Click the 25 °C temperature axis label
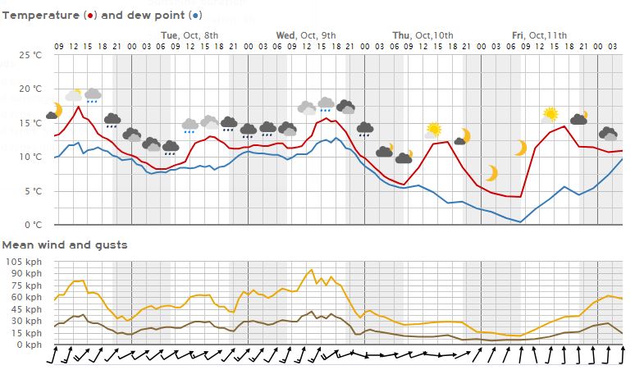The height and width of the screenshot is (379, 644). (31, 55)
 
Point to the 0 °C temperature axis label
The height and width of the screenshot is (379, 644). (34, 225)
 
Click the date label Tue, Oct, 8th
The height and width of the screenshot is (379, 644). (190, 34)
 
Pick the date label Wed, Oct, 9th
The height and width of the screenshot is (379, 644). (306, 34)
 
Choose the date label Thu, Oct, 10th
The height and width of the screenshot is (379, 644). (422, 34)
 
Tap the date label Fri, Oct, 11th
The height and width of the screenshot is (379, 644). (539, 34)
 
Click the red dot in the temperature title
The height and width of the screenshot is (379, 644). (89, 16)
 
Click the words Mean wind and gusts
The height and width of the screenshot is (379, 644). (65, 244)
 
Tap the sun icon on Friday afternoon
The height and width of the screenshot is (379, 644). (550, 114)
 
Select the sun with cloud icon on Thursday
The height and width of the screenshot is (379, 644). (433, 130)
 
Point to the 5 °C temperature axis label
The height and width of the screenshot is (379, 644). (34, 191)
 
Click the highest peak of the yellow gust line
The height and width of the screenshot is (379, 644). (311, 269)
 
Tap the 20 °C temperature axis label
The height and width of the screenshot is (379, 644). (31, 89)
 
